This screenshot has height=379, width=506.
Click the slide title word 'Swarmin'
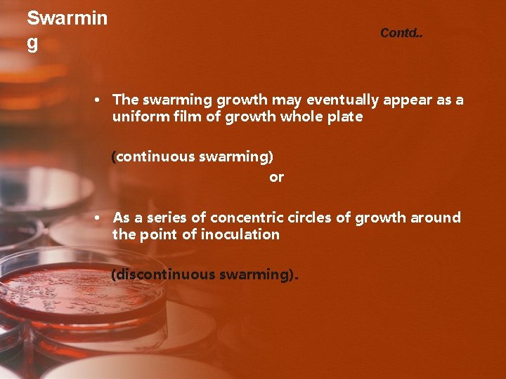[67, 18]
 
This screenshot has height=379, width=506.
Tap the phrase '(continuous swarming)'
[193, 157]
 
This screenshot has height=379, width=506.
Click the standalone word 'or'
[276, 177]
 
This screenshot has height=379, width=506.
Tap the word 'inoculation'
[240, 234]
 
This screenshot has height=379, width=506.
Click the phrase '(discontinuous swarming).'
[205, 274]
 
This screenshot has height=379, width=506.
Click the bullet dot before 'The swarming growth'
[99, 100]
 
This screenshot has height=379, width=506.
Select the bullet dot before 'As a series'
[99, 218]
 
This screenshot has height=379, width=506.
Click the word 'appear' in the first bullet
[407, 100]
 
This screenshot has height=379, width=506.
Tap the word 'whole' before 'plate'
[300, 117]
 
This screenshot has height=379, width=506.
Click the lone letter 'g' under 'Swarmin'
[32, 44]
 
